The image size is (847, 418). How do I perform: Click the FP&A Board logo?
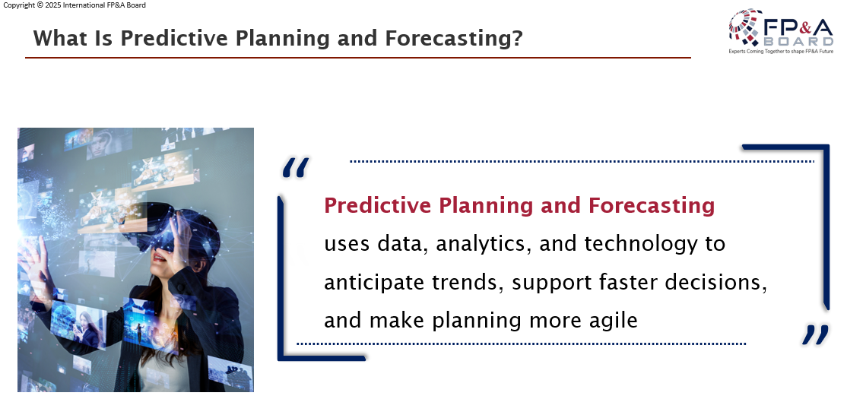pos(781,31)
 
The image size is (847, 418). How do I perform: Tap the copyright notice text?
pos(74,5)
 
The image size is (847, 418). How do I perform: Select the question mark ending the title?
pos(518,38)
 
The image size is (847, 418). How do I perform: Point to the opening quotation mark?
pos(296,167)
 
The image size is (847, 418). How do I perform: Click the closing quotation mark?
pos(815,334)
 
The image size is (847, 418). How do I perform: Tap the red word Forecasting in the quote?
pos(652,206)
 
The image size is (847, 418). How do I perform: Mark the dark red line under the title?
pos(358,57)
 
